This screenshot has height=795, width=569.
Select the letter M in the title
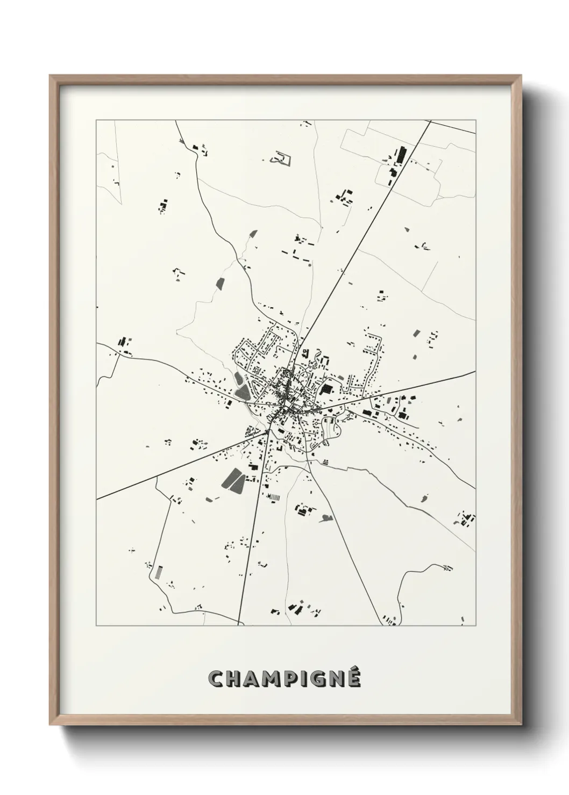(x=273, y=679)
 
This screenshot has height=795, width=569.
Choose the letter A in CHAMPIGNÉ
(x=253, y=679)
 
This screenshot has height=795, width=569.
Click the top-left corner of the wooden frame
(x=51, y=76)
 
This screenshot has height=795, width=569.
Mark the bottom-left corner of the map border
(x=96, y=626)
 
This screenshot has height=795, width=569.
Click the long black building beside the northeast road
(x=401, y=155)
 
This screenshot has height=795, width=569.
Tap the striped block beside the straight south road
(x=274, y=497)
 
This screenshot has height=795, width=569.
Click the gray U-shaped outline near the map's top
(x=281, y=157)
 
